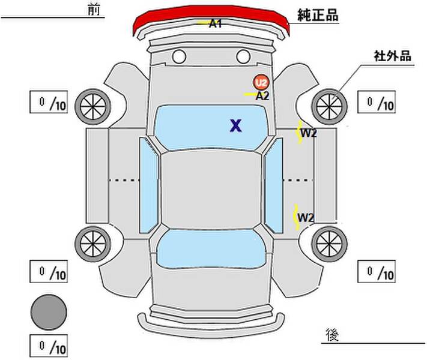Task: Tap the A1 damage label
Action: coord(216,24)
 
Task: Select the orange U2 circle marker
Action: coord(261,82)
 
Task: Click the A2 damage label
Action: coord(262,96)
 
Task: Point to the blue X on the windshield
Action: coord(235,126)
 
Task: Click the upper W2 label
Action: coord(309,133)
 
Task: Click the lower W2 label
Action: coord(306,218)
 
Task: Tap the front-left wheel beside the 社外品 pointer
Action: coord(329,106)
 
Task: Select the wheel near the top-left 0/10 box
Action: coord(93,106)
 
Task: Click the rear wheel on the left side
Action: coord(93,244)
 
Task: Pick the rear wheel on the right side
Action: coord(329,244)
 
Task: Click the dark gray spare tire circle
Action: coord(49,312)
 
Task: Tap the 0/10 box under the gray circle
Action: coord(49,346)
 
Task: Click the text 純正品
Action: coord(318,15)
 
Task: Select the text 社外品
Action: coord(392,56)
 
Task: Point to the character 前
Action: coord(94,10)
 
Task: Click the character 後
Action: coord(332,335)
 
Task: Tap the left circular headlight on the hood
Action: coord(179,56)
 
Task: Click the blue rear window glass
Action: coord(211,248)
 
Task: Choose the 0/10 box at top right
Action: coord(377,102)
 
